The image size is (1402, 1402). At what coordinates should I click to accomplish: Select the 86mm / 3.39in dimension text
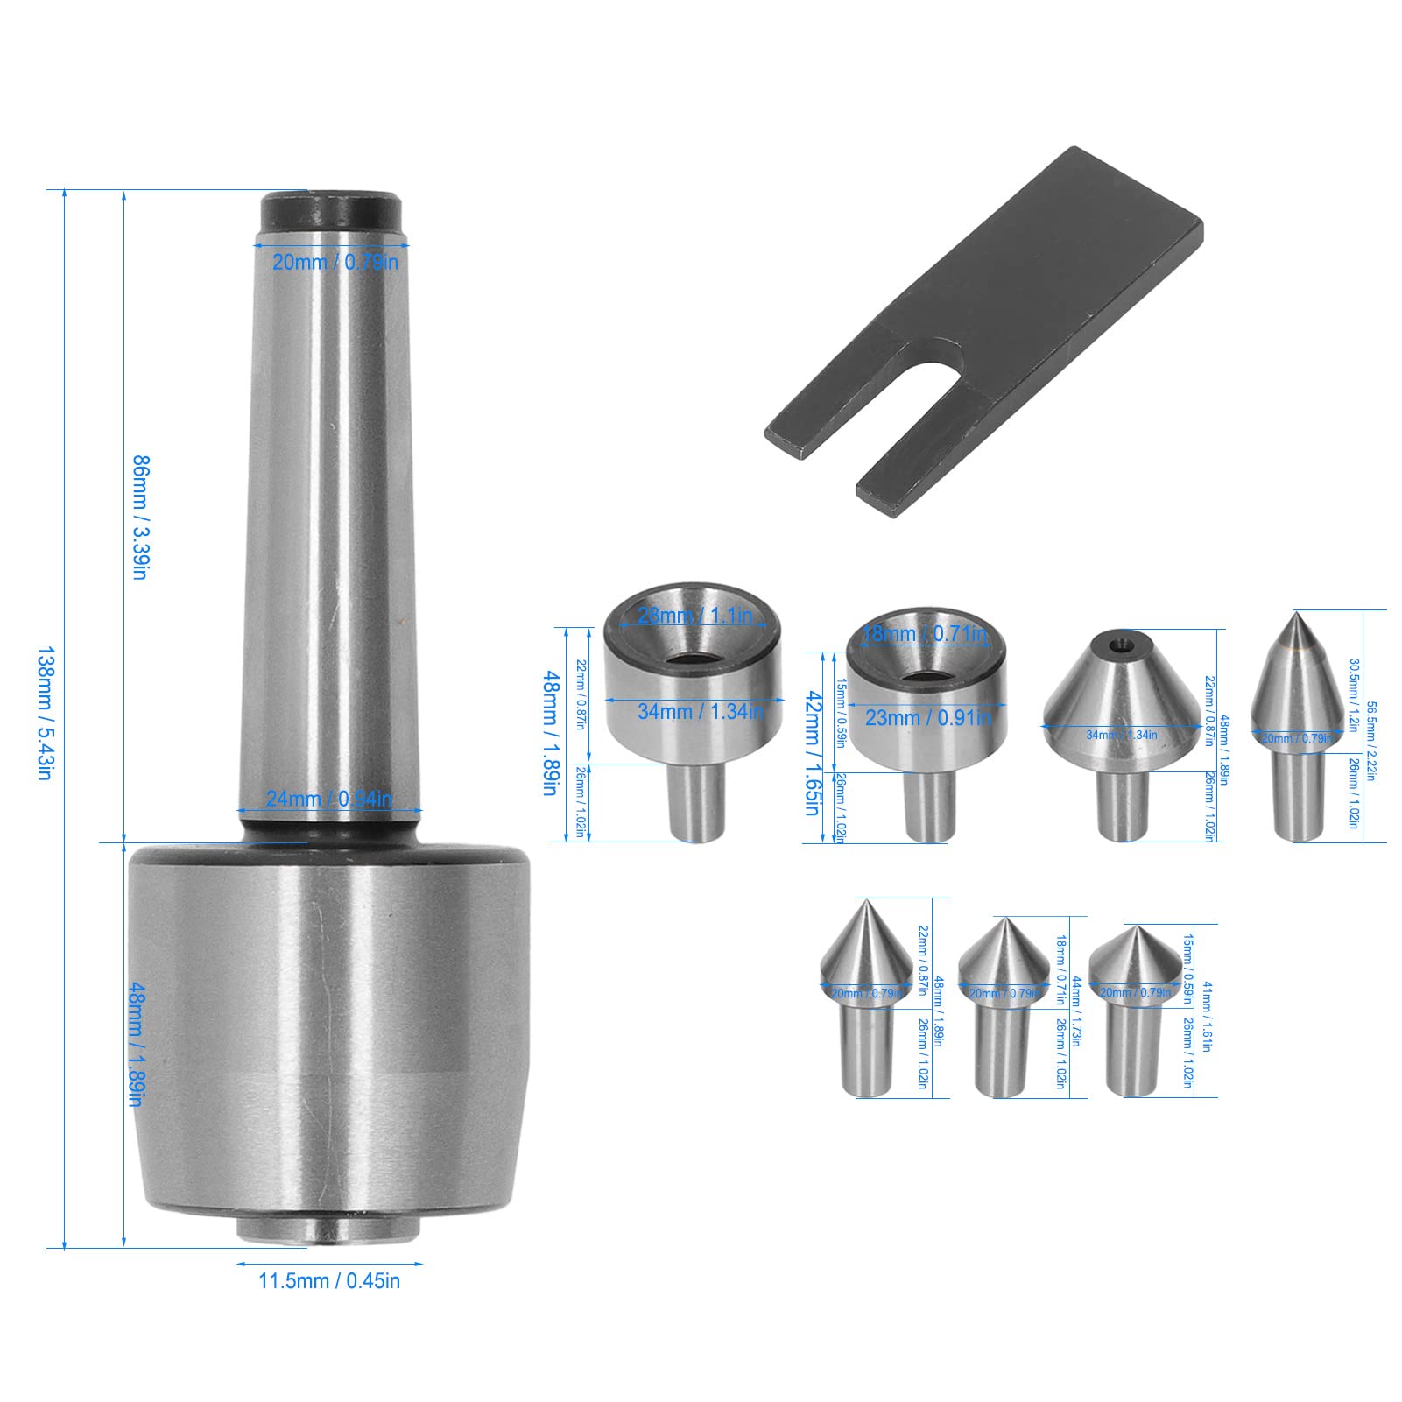140,517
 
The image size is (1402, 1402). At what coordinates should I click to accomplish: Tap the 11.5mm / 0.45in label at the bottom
329,1280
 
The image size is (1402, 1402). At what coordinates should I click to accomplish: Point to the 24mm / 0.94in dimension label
329,799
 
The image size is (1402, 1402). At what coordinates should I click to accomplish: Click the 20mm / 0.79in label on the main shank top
335,261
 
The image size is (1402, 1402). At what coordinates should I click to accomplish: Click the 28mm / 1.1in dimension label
694,615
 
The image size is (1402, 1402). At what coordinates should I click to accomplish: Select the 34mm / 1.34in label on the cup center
700,711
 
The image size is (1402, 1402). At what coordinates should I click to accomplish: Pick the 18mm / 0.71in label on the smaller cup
925,634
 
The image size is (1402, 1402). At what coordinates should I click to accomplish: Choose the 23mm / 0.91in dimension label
927,717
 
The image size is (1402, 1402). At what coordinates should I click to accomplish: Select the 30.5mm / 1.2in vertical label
1353,696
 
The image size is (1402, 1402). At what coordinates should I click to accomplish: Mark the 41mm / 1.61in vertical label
1207,1016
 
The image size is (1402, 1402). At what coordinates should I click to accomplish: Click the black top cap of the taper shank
332,211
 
